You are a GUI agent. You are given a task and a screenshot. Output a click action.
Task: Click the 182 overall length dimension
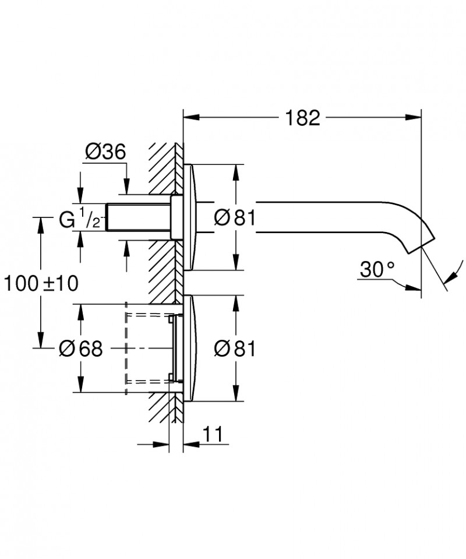pos(302,118)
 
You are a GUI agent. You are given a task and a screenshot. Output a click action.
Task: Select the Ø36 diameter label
pos(105,153)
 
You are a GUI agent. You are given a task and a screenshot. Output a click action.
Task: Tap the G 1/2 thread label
pos(82,221)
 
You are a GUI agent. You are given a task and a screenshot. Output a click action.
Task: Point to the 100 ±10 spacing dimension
pos(41,283)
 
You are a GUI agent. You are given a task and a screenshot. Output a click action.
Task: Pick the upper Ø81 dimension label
pos(235,218)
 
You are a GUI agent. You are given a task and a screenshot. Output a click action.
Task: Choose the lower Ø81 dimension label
pos(235,349)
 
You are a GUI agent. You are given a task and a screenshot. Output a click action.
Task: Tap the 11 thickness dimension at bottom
pos(214,434)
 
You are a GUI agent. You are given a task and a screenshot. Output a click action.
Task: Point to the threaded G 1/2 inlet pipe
pos(137,218)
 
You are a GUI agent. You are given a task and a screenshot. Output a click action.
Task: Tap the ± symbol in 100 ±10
pos(50,283)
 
